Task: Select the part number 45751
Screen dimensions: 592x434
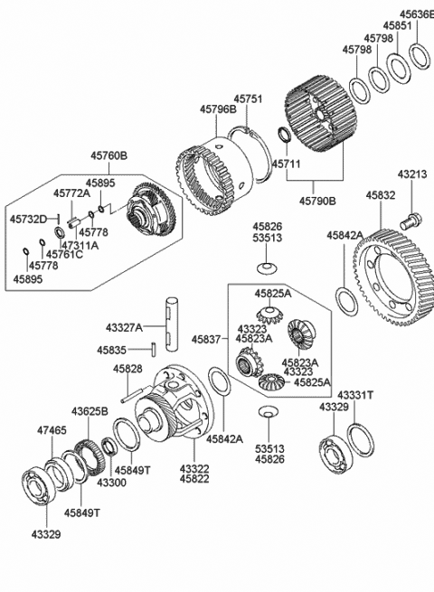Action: click(x=250, y=99)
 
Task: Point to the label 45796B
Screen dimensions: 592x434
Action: click(x=218, y=109)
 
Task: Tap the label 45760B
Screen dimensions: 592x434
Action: click(x=108, y=155)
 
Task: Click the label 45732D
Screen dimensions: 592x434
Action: click(x=29, y=219)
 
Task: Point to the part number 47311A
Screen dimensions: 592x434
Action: click(x=80, y=245)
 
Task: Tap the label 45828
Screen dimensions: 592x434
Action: click(x=127, y=369)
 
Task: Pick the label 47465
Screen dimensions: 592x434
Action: click(x=51, y=432)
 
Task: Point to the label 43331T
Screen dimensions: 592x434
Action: click(x=355, y=396)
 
